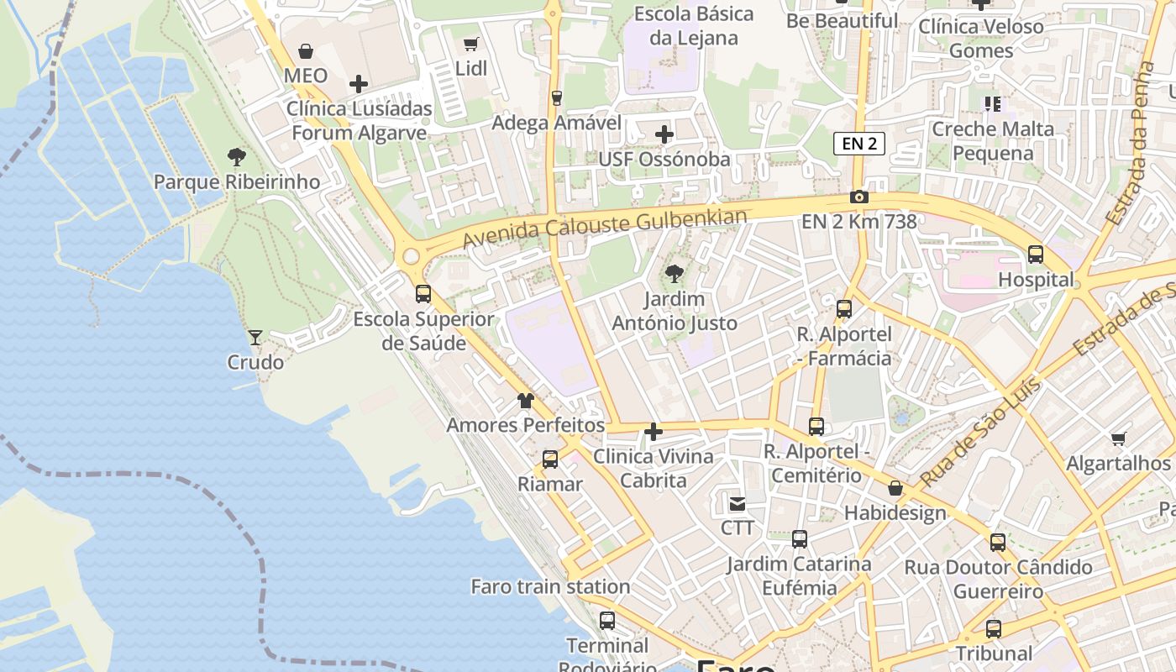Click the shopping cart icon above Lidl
(x=471, y=44)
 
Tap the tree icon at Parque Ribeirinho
(x=237, y=156)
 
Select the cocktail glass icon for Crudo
(x=255, y=338)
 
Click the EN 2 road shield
(x=859, y=144)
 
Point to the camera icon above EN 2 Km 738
(x=858, y=197)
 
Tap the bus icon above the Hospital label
(x=1036, y=255)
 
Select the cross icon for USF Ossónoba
(x=664, y=134)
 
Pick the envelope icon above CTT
(x=738, y=503)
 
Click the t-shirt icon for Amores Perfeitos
(x=526, y=401)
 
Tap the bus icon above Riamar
(x=550, y=459)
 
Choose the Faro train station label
(x=550, y=586)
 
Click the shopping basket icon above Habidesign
(x=895, y=488)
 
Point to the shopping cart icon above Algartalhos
(x=1118, y=438)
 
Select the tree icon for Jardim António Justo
(x=674, y=274)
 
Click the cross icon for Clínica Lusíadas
(x=359, y=84)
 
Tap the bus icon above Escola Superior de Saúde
(x=423, y=294)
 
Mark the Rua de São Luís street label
(x=979, y=434)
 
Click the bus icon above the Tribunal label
(x=994, y=628)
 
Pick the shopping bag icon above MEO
(x=306, y=51)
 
